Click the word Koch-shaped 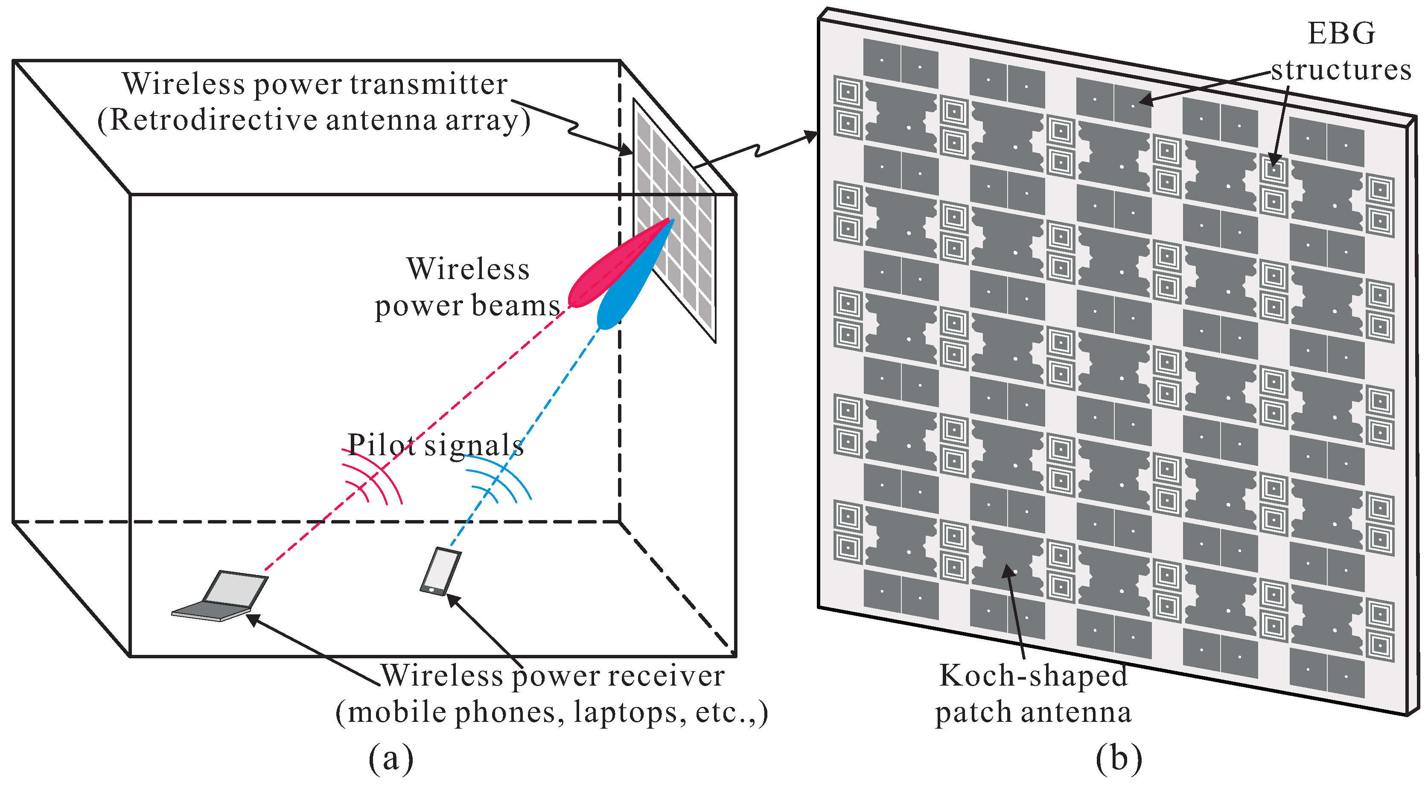pyautogui.click(x=1033, y=676)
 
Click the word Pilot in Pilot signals pyautogui.click(x=382, y=445)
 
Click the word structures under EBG pyautogui.click(x=1341, y=70)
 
